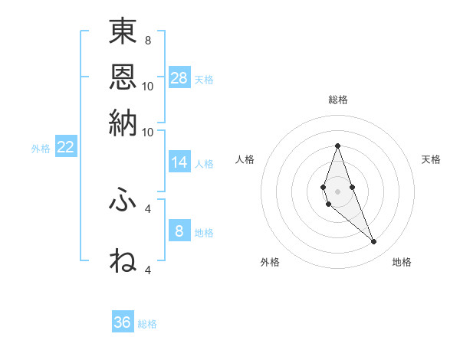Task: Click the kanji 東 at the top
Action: [123, 33]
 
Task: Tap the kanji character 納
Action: [123, 123]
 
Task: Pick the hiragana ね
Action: [123, 260]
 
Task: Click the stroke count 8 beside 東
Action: [147, 40]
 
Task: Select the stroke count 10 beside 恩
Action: [148, 86]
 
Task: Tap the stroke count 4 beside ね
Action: [148, 270]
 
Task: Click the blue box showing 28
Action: [179, 77]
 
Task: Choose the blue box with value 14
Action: [179, 162]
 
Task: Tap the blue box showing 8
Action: [179, 231]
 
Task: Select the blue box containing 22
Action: [65, 148]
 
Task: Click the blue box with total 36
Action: [123, 322]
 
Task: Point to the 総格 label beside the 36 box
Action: [147, 324]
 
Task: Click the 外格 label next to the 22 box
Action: [40, 149]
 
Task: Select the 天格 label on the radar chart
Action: [431, 159]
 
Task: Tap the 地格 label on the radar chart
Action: [402, 262]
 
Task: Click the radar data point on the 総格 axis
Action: [337, 146]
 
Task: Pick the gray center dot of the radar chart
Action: [337, 191]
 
